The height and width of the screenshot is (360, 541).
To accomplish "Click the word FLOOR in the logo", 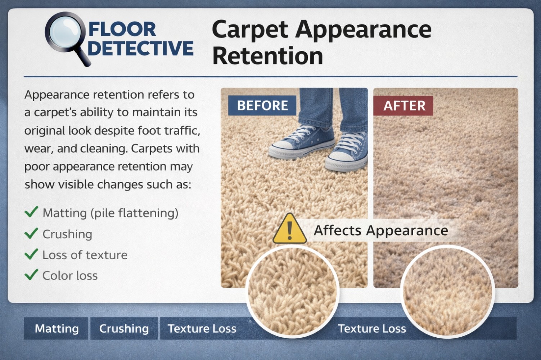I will pyautogui.click(x=122, y=29).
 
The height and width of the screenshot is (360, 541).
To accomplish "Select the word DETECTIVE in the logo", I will pyautogui.click(x=140, y=48).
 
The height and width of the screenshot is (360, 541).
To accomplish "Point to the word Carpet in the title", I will pyautogui.click(x=250, y=29).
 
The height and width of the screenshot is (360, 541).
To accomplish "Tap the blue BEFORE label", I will pyautogui.click(x=262, y=105).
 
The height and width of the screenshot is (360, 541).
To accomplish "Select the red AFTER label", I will pyautogui.click(x=404, y=105).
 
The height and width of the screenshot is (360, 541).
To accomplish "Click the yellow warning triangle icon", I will pyautogui.click(x=290, y=229).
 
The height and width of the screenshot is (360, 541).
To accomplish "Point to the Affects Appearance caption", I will pyautogui.click(x=381, y=230).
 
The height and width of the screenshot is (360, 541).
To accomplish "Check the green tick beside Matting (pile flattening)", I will pyautogui.click(x=31, y=212).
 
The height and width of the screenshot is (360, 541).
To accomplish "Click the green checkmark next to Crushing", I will pyautogui.click(x=31, y=233).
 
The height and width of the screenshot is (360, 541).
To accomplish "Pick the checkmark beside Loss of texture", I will pyautogui.click(x=31, y=254).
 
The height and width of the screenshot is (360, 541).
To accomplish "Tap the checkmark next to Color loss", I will pyautogui.click(x=31, y=275).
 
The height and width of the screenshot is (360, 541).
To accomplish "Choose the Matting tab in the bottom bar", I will pyautogui.click(x=57, y=328).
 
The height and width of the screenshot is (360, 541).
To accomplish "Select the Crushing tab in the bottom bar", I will pyautogui.click(x=124, y=328).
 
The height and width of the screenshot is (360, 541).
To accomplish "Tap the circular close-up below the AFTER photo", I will pyautogui.click(x=447, y=292).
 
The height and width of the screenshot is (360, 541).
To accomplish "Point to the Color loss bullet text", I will pyautogui.click(x=70, y=275).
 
